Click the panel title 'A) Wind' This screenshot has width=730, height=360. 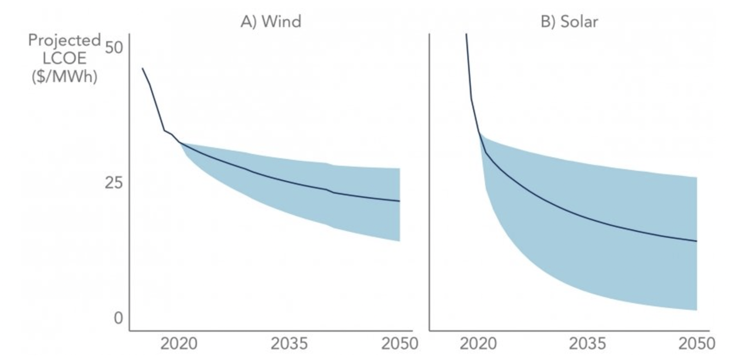tap(270, 21)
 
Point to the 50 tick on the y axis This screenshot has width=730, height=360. tap(113, 47)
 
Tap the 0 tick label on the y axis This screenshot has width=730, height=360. tap(118, 318)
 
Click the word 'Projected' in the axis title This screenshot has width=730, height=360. tap(64, 40)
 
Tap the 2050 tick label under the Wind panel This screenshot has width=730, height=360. tap(399, 344)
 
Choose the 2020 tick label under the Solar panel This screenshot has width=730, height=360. tap(478, 344)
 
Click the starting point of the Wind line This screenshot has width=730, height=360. tap(142, 68)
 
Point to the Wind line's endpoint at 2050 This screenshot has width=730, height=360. tap(399, 201)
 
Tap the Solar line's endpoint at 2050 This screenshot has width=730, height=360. tap(697, 241)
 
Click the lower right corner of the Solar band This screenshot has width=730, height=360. tap(697, 309)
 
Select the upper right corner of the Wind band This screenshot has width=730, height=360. tap(399, 169)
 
